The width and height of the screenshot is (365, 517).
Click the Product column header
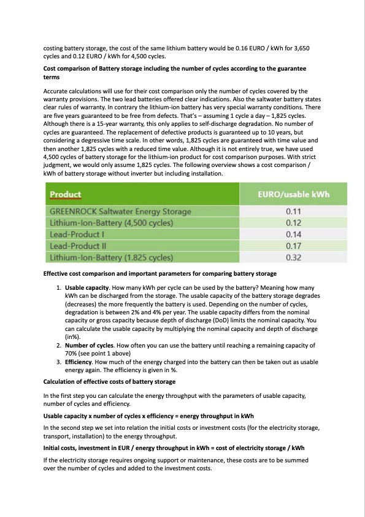coord(65,195)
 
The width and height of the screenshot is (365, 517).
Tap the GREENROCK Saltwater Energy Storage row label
coord(120,211)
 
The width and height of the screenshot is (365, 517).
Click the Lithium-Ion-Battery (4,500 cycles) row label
coord(111,223)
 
